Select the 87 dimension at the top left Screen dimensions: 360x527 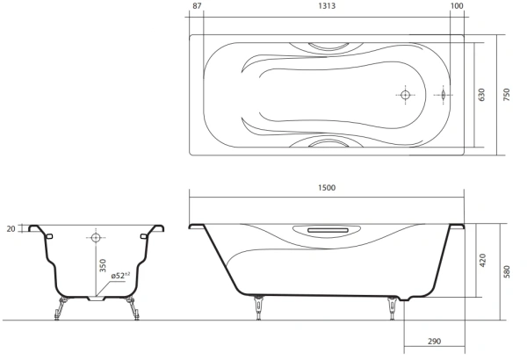(x=196, y=7)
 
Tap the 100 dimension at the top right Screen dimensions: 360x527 (x=456, y=7)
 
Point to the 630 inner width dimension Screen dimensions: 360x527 (x=480, y=95)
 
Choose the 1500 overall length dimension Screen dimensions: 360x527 (x=328, y=188)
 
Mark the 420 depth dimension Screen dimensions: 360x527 (x=480, y=261)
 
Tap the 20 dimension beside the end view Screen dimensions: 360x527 (x=10, y=228)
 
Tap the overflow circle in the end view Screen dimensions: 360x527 (x=96, y=237)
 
